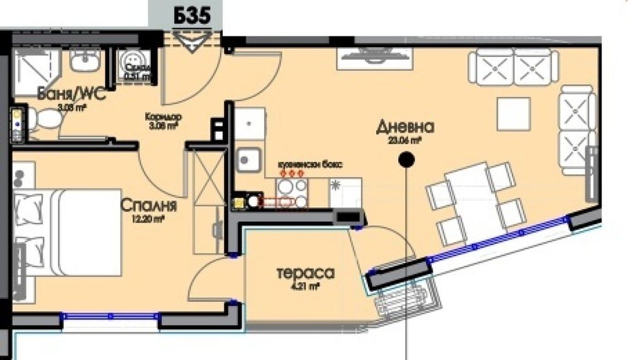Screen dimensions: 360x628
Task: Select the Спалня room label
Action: point(148,206)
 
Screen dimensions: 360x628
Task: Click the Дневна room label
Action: point(405,126)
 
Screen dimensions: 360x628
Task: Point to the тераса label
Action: point(305,273)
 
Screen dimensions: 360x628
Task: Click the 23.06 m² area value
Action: point(405,141)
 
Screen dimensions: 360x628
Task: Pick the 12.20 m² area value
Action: point(148,219)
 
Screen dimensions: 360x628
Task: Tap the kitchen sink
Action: point(249,158)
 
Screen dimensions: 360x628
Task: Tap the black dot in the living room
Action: point(406,161)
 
